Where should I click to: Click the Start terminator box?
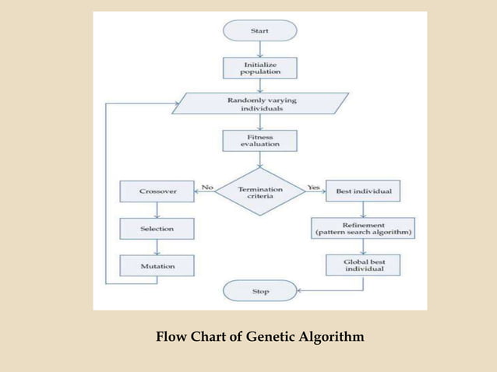tap(260, 30)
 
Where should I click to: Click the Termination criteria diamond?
tap(260, 191)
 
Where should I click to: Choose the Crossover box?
tap(157, 191)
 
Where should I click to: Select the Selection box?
tap(157, 229)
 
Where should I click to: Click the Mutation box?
tap(157, 266)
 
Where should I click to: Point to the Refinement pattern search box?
tap(363, 228)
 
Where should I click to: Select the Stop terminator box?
tap(260, 292)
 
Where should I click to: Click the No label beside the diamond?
tap(206, 187)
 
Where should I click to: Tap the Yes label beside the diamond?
tap(314, 187)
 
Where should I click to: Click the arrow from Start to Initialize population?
tap(260, 49)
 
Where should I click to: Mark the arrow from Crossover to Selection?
tap(157, 209)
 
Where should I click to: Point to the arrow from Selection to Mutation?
tap(157, 247)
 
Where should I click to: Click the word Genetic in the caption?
tap(276, 338)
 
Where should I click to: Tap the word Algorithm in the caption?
tap(335, 338)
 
